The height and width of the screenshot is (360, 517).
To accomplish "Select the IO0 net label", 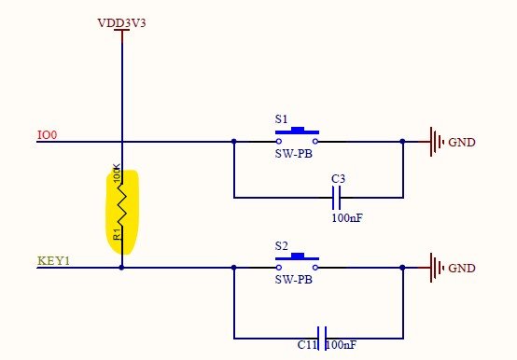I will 47,135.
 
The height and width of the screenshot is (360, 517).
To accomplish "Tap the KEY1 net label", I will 52,260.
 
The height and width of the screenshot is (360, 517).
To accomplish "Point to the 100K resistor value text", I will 117,174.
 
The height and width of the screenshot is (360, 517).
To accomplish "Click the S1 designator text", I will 281,119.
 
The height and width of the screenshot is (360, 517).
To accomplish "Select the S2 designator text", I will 281,245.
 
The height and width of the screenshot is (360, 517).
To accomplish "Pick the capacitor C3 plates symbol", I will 338,198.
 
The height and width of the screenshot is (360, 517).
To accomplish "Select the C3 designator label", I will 339,178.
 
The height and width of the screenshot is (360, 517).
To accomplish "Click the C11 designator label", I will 307,346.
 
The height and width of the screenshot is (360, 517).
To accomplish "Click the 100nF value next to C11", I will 341,346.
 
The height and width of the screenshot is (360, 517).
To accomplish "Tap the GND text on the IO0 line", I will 462,143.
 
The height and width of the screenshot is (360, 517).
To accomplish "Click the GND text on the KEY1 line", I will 462,269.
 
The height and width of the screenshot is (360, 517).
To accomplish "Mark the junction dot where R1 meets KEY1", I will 122,268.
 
